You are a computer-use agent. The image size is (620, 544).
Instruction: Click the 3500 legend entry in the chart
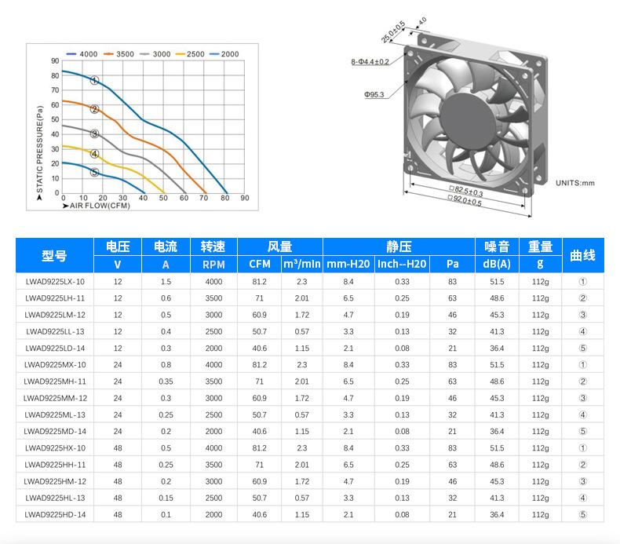point(119,54)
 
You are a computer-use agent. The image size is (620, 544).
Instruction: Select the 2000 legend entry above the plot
point(224,54)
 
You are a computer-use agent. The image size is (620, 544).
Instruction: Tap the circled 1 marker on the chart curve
point(94,80)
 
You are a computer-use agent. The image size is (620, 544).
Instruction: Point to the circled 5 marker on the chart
point(94,172)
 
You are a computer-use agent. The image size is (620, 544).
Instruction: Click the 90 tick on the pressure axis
point(55,61)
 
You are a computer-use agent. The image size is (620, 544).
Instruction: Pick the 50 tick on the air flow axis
point(163,198)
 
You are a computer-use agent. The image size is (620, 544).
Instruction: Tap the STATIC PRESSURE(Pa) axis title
point(39,149)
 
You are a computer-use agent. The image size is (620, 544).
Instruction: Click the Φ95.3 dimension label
point(374,94)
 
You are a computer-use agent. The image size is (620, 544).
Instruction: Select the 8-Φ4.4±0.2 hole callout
point(370,62)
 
